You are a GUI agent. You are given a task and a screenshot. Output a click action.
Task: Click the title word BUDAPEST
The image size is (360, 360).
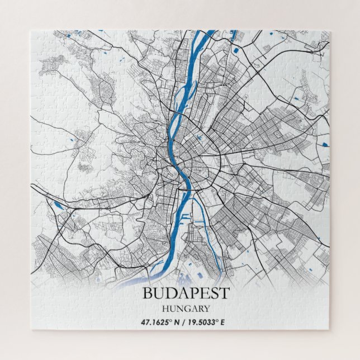coord(186,293)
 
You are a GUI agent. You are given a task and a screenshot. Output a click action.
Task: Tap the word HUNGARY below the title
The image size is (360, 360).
coord(186,308)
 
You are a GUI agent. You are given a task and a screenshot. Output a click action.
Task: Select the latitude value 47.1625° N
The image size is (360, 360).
coord(158,322)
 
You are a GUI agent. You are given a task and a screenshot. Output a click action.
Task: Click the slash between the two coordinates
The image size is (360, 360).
coord(185,322)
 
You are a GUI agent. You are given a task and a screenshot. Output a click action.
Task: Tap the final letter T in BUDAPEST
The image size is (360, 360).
coord(224,293)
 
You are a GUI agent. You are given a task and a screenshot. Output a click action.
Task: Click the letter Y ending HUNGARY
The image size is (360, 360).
coord(207,308)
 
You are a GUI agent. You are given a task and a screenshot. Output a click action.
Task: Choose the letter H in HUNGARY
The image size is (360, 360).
coord(165,308)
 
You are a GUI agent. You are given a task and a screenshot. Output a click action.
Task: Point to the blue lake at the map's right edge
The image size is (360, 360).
coord(324,144)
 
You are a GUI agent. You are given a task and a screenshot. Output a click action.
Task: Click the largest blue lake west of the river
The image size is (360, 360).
coord(58,205)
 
